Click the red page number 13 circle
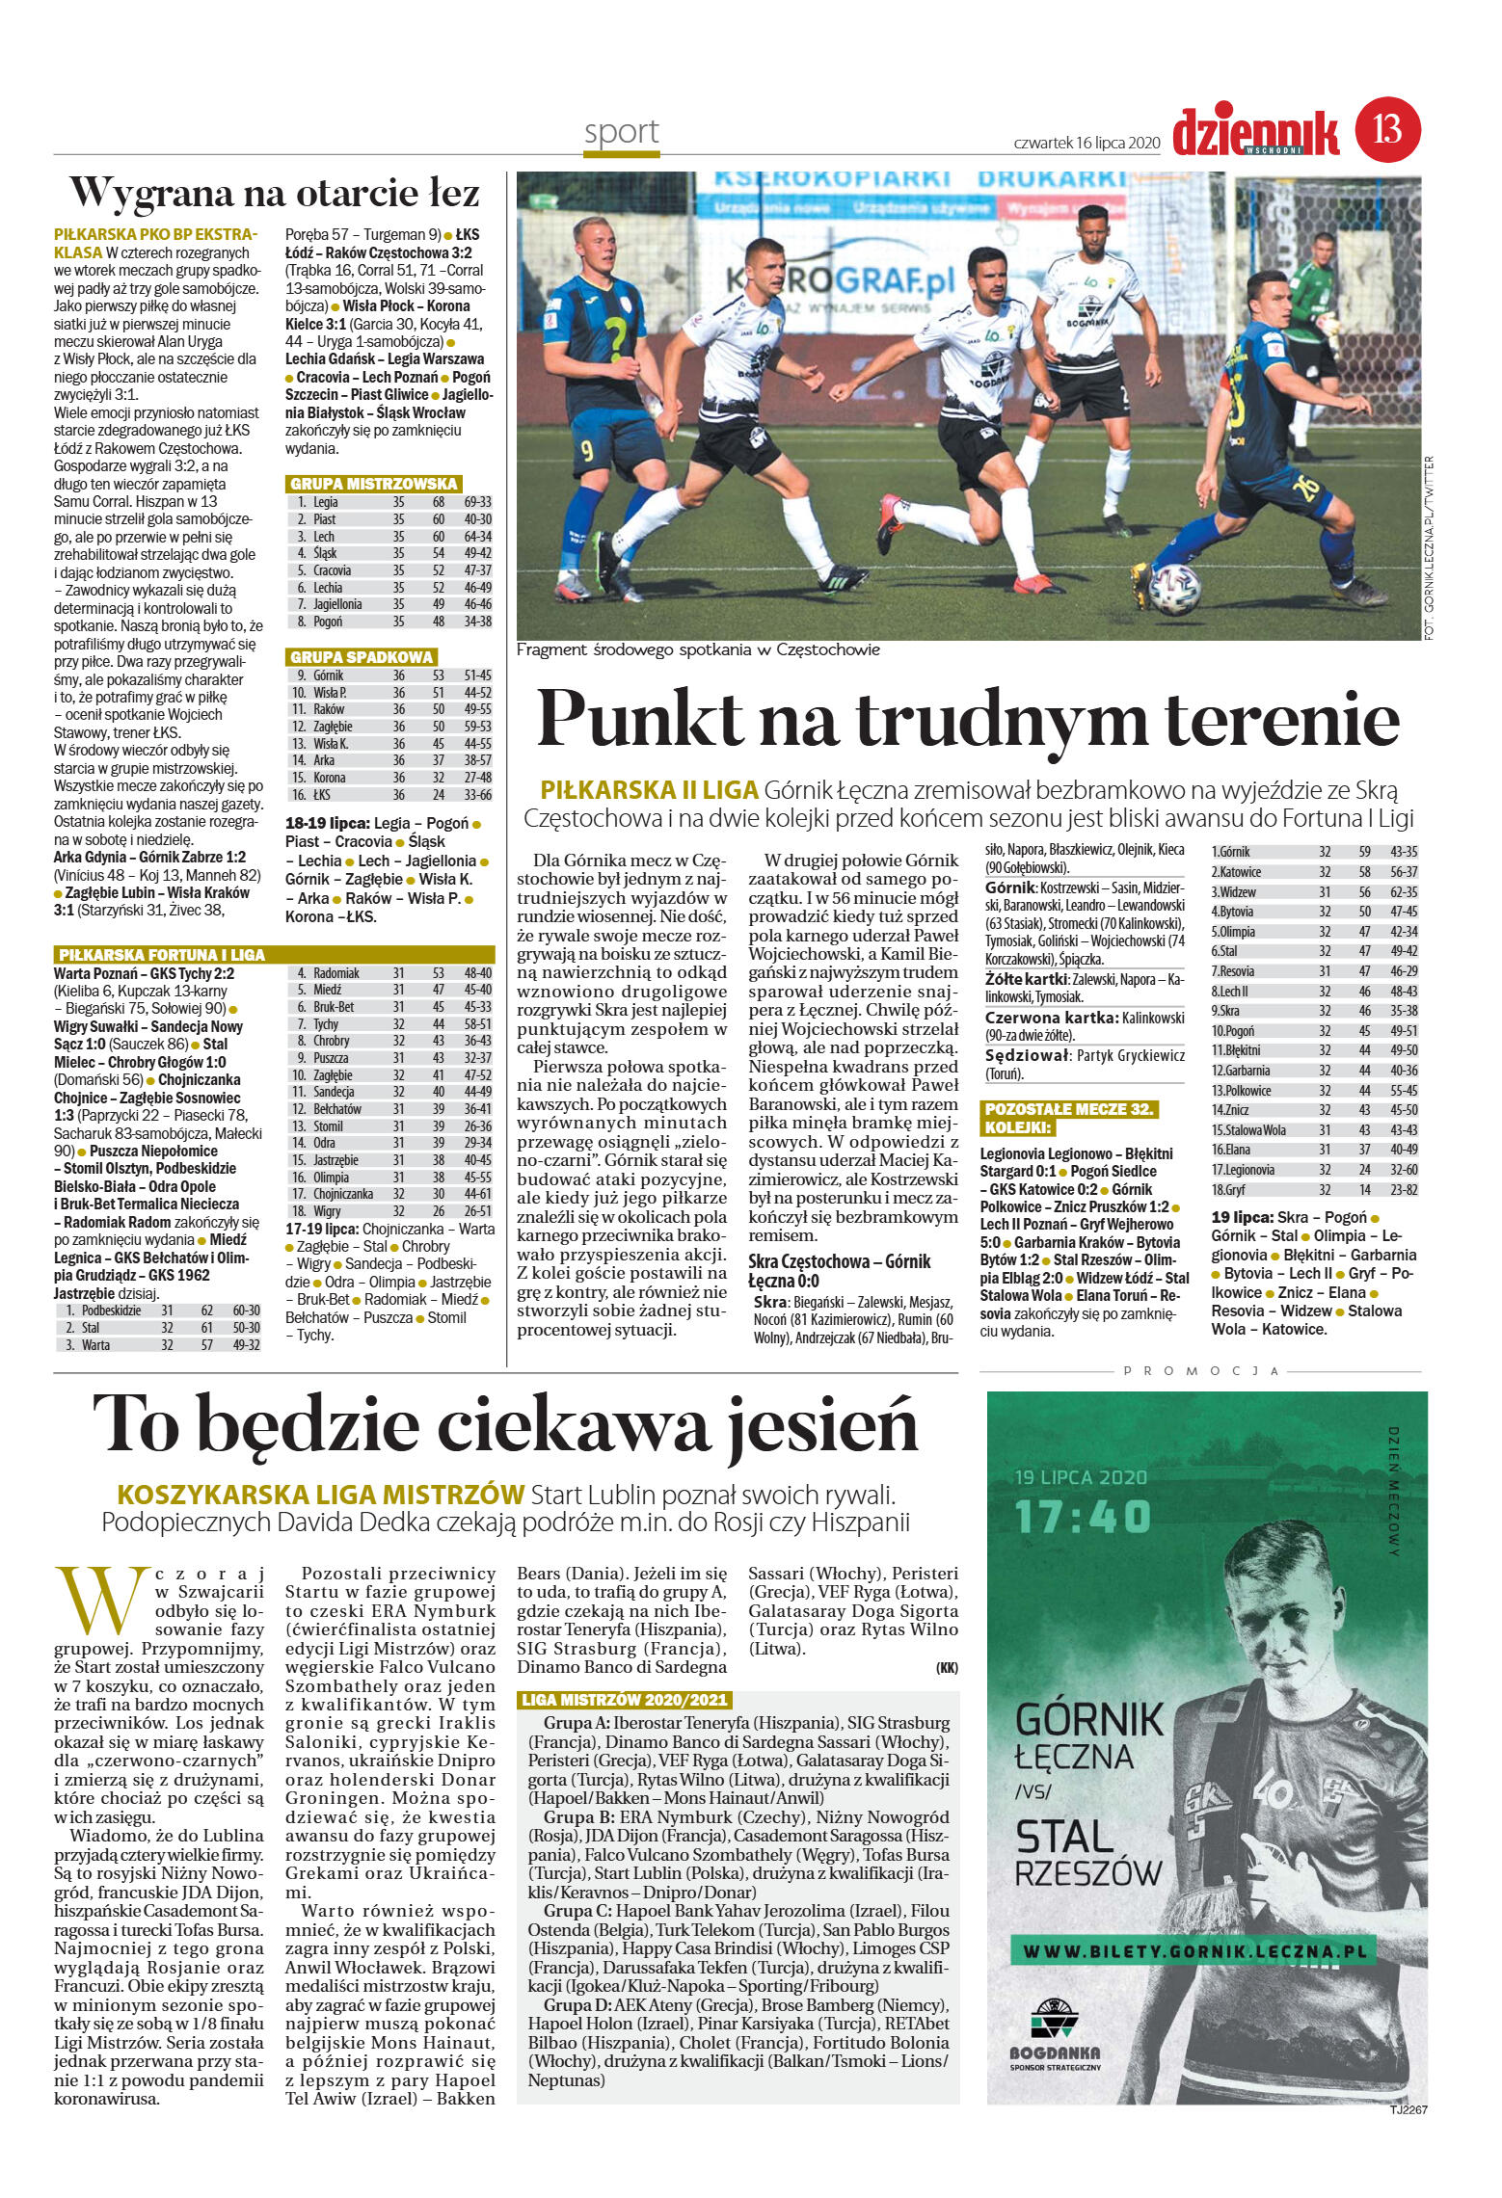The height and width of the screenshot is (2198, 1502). click(1388, 128)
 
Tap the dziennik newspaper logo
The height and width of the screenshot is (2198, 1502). click(1256, 133)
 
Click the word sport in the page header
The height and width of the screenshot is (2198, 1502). click(622, 131)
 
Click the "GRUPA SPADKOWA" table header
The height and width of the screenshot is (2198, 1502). click(362, 657)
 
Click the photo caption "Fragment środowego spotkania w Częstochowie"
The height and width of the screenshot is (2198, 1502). click(698, 650)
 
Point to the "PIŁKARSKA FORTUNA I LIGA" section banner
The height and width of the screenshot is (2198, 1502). click(161, 955)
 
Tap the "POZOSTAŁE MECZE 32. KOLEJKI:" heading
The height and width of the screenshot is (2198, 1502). click(1068, 1118)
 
